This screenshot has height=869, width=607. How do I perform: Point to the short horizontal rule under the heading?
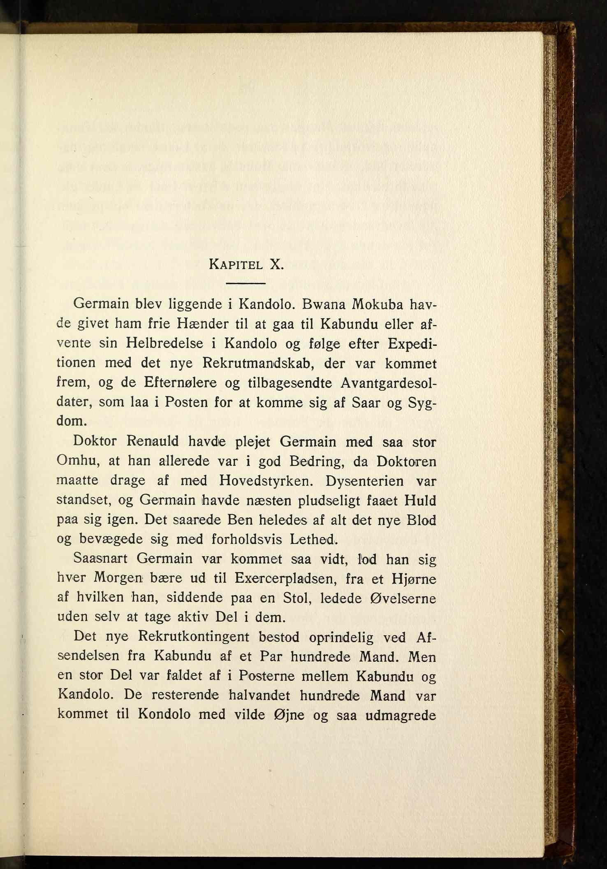pos(246,283)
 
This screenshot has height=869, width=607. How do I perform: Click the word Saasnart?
pos(100,559)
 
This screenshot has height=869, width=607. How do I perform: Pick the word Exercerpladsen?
pos(284,579)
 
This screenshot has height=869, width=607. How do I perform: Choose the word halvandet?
pos(259,696)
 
